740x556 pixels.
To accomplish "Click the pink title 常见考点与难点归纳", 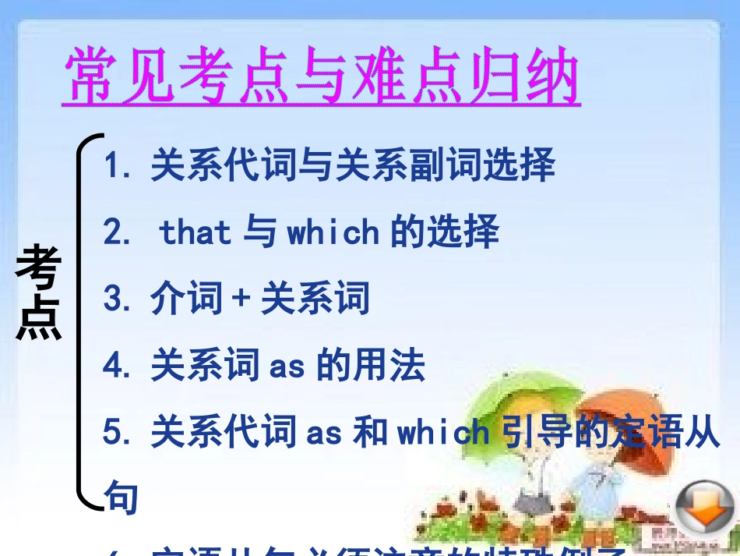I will (321, 78).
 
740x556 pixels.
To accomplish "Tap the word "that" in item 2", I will (196, 232).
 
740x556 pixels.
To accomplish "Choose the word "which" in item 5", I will (443, 434).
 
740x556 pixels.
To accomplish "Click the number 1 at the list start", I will (111, 166).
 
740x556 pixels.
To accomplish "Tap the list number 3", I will (111, 300).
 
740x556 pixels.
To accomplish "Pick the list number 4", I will (111, 367).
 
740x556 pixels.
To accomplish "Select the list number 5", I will (111, 434).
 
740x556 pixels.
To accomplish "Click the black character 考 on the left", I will (38, 267).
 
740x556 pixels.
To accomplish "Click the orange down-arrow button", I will (705, 508).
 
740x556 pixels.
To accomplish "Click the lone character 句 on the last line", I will (121, 497).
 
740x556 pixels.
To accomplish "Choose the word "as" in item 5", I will (324, 434).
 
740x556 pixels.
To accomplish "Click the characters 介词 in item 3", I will (187, 300).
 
